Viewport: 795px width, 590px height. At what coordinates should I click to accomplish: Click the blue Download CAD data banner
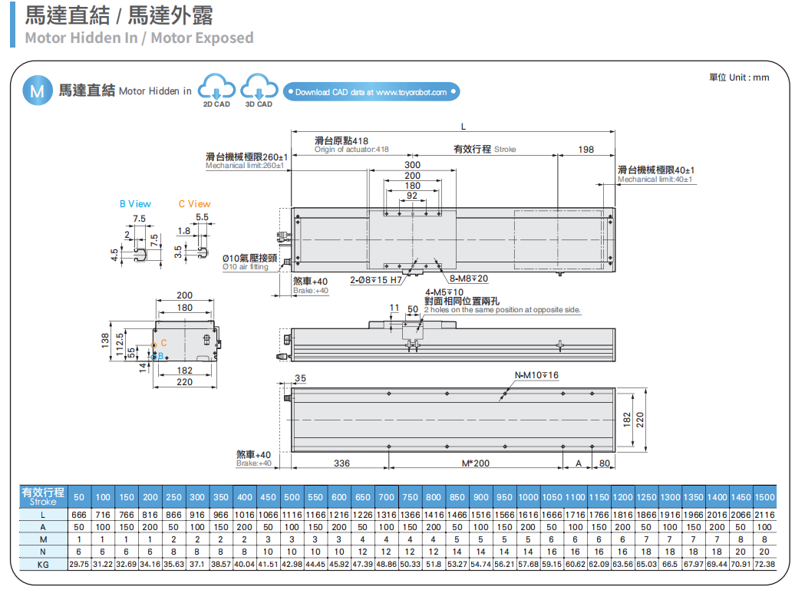pyautogui.click(x=371, y=92)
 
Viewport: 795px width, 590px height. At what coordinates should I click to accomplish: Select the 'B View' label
pyautogui.click(x=135, y=204)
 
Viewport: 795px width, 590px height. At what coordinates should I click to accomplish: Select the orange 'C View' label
pyautogui.click(x=194, y=204)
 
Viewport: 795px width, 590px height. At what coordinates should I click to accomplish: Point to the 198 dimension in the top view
pyautogui.click(x=586, y=150)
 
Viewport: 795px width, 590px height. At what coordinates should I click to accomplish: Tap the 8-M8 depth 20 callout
pyautogui.click(x=469, y=279)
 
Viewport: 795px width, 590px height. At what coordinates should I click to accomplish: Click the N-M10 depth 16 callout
pyautogui.click(x=536, y=375)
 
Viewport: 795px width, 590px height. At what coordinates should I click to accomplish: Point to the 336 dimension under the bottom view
pyautogui.click(x=341, y=463)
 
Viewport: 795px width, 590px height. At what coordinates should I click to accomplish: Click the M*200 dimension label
pyautogui.click(x=475, y=463)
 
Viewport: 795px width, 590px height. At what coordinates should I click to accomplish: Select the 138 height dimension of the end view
pyautogui.click(x=106, y=340)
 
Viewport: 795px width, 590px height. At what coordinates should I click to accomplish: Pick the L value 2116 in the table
pyautogui.click(x=764, y=515)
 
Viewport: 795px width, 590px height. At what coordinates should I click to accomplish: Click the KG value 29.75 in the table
pyautogui.click(x=79, y=564)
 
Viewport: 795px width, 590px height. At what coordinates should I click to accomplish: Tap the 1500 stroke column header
pyautogui.click(x=764, y=497)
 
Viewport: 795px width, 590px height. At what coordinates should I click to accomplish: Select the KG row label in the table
pyautogui.click(x=43, y=564)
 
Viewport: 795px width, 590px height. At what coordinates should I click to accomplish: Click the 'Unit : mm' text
pyautogui.click(x=738, y=77)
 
